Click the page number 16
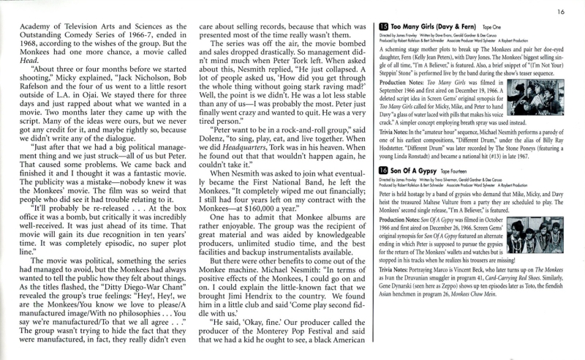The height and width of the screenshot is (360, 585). [x=561, y=11]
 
